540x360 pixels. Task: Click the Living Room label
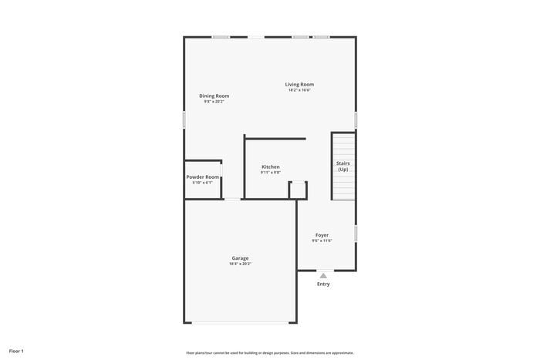click(299, 84)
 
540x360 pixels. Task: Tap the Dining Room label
click(214, 96)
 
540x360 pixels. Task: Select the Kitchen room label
click(270, 167)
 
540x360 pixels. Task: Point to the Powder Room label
click(203, 177)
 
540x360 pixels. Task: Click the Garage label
click(240, 257)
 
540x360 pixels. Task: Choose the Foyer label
click(322, 234)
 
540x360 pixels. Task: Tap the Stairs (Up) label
click(343, 166)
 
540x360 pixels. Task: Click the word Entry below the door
click(323, 284)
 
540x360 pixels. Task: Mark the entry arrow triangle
click(323, 275)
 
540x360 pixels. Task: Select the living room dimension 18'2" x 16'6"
click(299, 90)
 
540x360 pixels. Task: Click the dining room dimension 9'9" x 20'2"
click(214, 102)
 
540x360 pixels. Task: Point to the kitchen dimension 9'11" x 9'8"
click(270, 173)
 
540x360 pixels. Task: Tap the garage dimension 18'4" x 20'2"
click(240, 264)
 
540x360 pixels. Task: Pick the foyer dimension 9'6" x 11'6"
click(322, 241)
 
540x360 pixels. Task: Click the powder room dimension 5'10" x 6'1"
click(203, 183)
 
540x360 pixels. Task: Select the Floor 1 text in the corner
click(16, 351)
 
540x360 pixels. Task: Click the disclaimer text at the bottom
click(269, 352)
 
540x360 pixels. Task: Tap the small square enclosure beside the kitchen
click(298, 190)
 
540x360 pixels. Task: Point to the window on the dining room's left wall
click(184, 120)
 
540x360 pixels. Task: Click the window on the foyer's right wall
click(356, 233)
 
